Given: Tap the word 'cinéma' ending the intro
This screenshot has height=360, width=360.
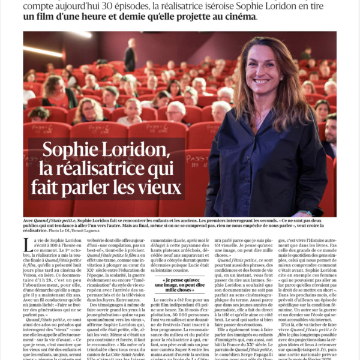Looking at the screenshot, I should [240, 17].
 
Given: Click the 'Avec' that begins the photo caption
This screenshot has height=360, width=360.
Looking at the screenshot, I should [29, 220].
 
